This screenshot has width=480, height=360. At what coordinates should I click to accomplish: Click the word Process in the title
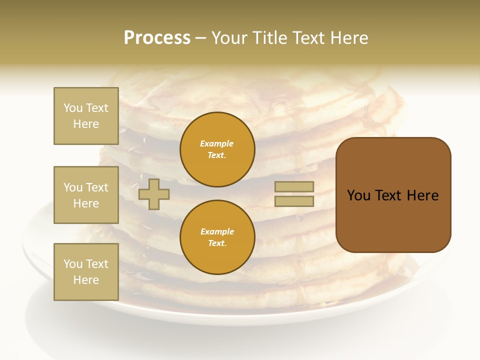point(157,38)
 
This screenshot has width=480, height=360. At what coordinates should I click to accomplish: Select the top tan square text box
point(86,116)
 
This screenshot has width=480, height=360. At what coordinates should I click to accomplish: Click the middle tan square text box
point(86,195)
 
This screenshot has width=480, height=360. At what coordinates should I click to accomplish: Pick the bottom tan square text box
point(86,272)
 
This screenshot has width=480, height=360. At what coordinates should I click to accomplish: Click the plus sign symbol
point(153,194)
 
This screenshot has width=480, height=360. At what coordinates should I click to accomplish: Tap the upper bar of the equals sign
point(294,186)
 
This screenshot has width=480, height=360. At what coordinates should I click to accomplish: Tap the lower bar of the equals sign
point(294,201)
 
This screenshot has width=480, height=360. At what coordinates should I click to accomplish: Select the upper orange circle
point(217,149)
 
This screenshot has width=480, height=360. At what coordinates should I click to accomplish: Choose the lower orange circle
point(217,237)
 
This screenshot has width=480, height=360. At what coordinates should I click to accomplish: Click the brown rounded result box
point(393,194)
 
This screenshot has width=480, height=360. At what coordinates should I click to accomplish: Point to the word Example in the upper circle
point(217,143)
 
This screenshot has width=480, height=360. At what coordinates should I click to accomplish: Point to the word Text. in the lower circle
point(217,243)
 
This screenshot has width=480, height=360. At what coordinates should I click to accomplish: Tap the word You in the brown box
point(358,195)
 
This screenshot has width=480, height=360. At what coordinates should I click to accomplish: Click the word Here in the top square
point(86,124)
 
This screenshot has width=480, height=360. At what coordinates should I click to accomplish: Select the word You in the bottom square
point(73,264)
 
